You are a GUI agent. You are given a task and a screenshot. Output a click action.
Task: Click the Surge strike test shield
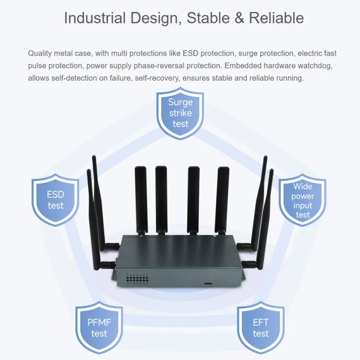tap(180, 113)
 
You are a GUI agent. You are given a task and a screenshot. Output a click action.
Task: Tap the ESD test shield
tap(55, 200)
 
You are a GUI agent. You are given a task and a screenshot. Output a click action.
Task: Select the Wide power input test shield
tap(302, 200)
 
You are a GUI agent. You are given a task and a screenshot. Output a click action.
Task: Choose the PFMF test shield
tap(99, 328)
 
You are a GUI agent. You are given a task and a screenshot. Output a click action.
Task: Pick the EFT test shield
tap(261, 328)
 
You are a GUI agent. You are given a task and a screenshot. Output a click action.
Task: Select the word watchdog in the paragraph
tap(314, 66)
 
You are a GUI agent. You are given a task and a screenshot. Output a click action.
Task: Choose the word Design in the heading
tap(156, 18)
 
